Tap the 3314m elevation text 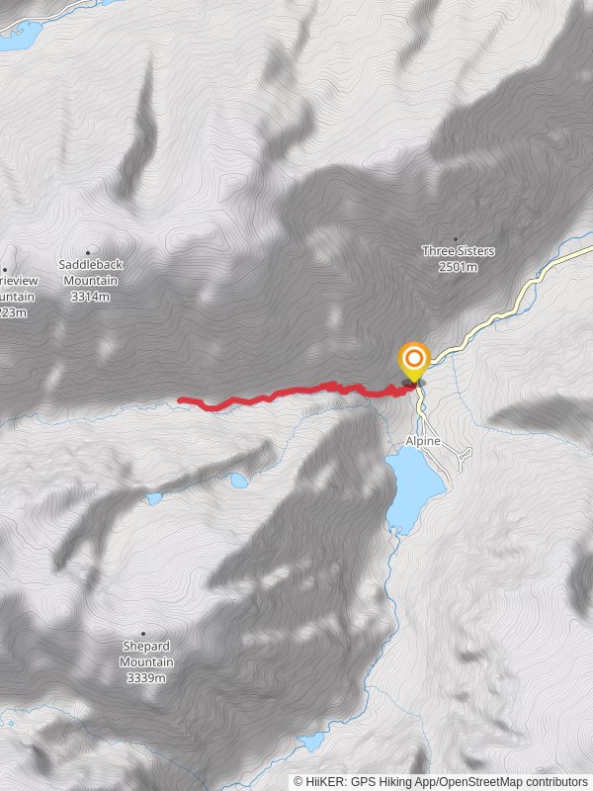(90, 297)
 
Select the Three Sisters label (458, 251)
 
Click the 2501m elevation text (458, 267)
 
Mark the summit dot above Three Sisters (456, 238)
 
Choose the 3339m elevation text (146, 678)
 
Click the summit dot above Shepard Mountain (143, 634)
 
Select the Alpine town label (422, 441)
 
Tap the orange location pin (412, 361)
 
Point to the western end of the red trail (181, 399)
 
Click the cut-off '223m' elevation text (13, 312)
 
